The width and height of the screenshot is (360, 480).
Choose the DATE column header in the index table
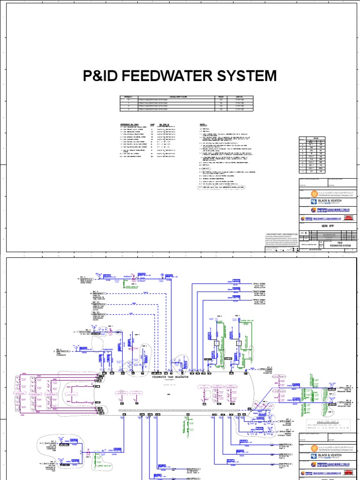coord(240,97)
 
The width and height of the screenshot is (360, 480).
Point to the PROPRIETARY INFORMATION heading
coord(282,234)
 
